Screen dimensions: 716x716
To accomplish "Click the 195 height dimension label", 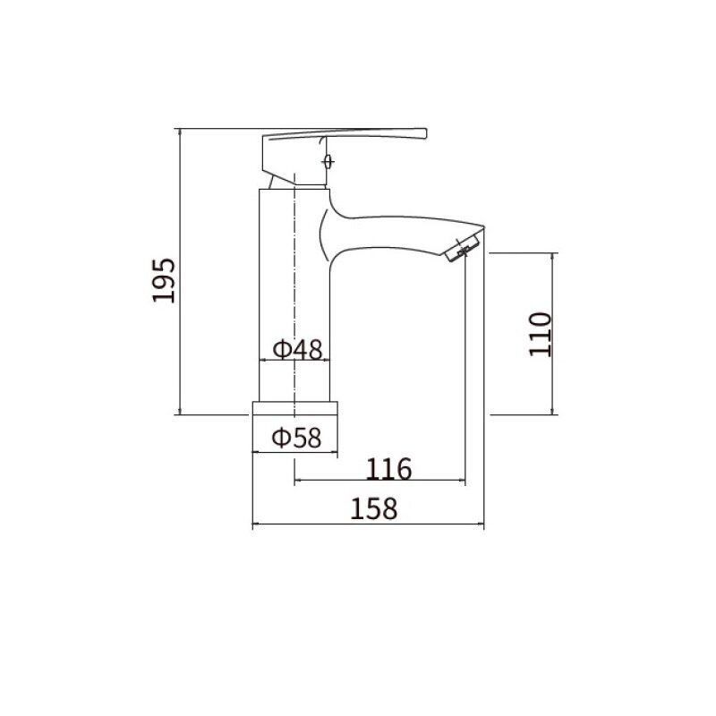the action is coord(164,280).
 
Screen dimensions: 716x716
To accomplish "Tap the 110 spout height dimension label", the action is coord(541,334).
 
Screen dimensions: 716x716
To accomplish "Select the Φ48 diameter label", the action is coord(298,350).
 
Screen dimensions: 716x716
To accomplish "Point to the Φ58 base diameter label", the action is coord(296,437).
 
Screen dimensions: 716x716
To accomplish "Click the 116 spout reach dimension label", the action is coord(388,468).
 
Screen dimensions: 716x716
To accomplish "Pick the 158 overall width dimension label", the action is coord(373,508).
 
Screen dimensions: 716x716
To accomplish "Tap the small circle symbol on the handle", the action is coord(328,162).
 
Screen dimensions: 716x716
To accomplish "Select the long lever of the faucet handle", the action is coord(347,133).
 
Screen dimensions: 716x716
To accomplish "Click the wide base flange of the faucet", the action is coord(295,408).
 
